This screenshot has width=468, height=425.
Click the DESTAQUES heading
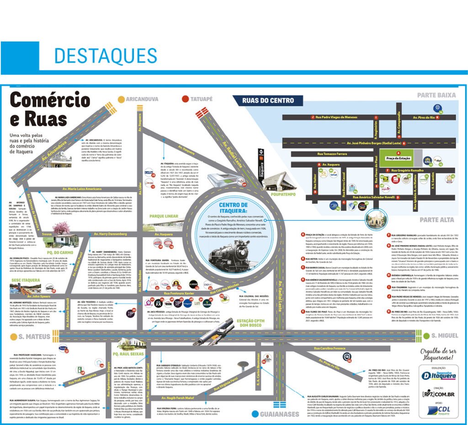pyautogui.click(x=106, y=56)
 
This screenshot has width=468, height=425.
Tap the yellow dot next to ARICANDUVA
pyautogui.click(x=121, y=99)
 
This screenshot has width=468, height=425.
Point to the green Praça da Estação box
pyautogui.click(x=399, y=158)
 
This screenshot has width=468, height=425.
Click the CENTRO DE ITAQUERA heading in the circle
pyautogui.click(x=234, y=208)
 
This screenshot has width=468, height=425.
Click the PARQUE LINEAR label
pyautogui.click(x=158, y=215)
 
